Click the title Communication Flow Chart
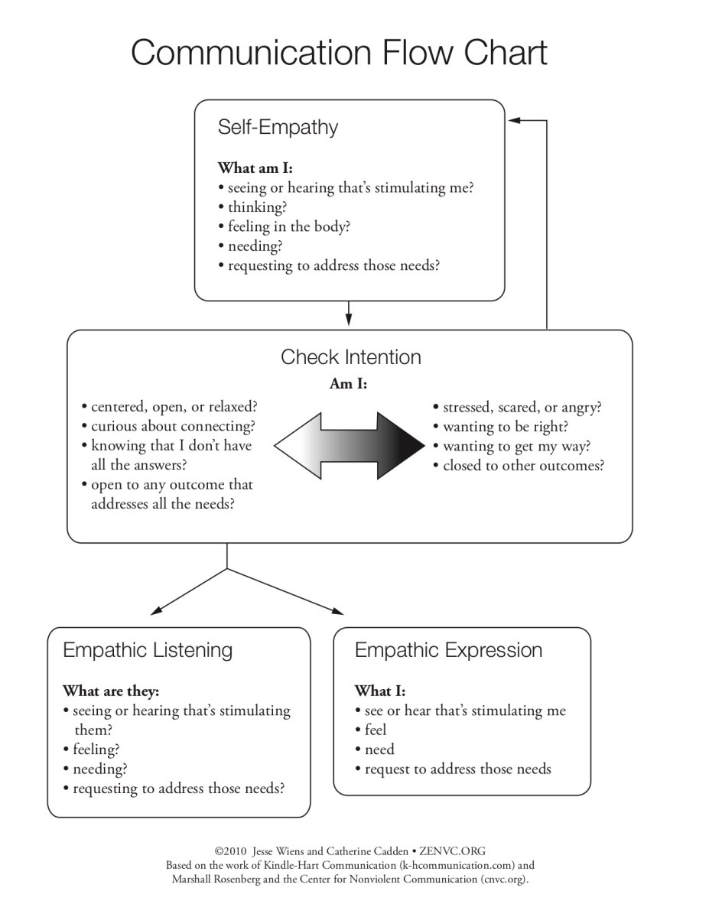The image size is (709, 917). tap(340, 53)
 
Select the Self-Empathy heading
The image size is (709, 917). tap(278, 127)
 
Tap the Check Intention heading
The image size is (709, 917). tap(351, 357)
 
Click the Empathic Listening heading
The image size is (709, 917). tap(148, 651)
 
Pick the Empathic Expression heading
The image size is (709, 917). tap(448, 651)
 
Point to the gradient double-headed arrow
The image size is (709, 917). tap(350, 444)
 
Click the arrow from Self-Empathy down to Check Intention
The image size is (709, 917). tap(349, 314)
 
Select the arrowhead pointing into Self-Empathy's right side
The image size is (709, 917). tap(515, 120)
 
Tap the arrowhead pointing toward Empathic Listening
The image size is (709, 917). tap(157, 610)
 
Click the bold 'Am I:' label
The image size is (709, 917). tap(348, 385)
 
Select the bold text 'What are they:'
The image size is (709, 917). tap(111, 691)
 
